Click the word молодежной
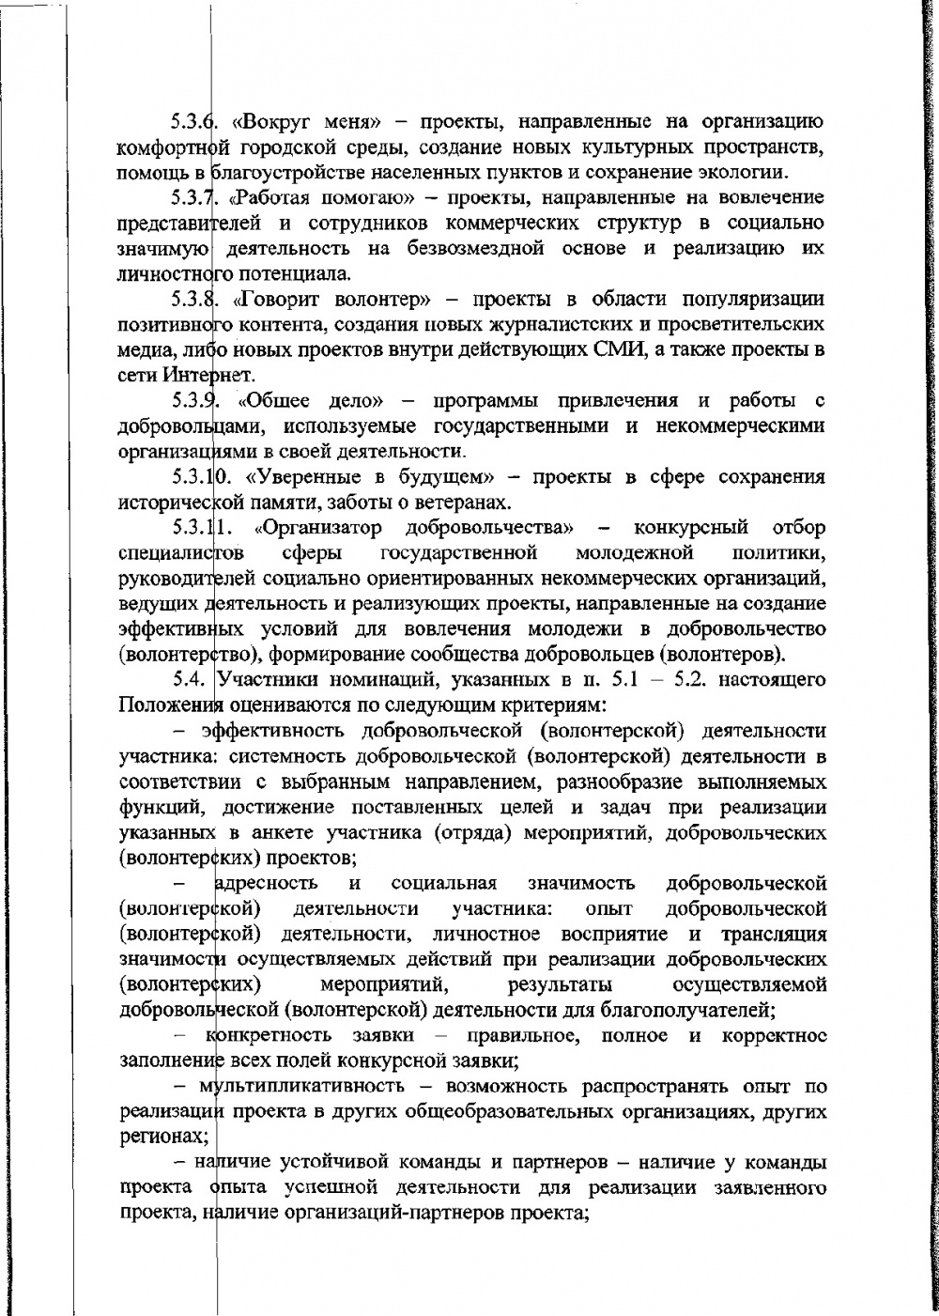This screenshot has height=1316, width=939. click(641, 550)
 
